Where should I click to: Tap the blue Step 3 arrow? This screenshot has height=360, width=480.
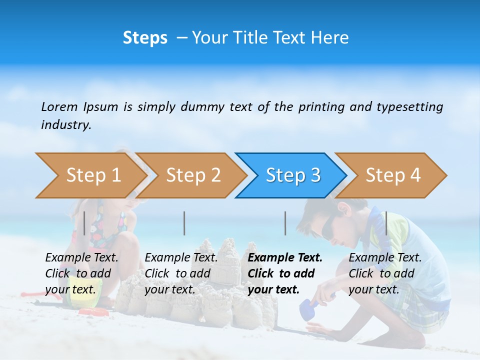click(293, 175)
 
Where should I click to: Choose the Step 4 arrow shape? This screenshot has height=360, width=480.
click(393, 175)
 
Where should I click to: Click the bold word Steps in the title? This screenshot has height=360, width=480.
click(145, 38)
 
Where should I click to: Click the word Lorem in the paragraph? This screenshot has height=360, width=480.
click(59, 106)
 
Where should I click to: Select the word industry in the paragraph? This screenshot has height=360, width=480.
click(66, 125)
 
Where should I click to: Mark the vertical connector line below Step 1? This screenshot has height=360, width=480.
click(84, 223)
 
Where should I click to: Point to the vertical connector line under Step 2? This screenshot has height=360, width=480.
click(184, 223)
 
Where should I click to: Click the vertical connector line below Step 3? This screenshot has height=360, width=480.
click(285, 223)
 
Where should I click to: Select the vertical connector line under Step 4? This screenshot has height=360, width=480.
click(386, 223)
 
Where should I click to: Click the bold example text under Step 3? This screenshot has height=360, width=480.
click(285, 273)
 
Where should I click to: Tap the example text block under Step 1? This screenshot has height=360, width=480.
click(81, 273)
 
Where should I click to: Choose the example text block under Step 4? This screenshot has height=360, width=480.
click(385, 273)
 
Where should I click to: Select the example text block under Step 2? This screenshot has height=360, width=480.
click(181, 273)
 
